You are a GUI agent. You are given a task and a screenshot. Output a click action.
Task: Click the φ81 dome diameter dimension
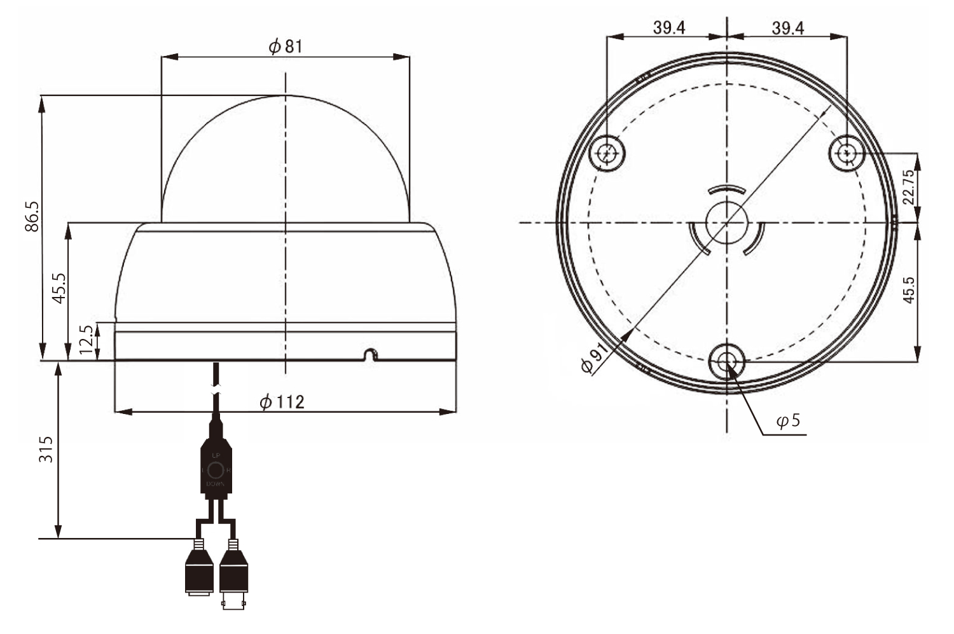(285, 46)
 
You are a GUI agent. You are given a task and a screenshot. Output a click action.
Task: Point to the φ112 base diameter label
(282, 402)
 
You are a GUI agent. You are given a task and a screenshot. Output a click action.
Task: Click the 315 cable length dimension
(46, 449)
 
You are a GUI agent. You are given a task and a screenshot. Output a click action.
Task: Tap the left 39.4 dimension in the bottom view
(668, 28)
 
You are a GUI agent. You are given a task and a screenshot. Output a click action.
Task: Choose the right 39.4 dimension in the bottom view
(788, 28)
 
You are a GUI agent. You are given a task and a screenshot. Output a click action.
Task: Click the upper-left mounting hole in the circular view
(608, 153)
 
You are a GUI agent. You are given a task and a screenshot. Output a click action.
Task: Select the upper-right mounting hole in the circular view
(847, 153)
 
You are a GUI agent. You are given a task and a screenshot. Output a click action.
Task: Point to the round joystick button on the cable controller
(216, 471)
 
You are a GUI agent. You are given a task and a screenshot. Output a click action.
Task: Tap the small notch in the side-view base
(370, 354)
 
